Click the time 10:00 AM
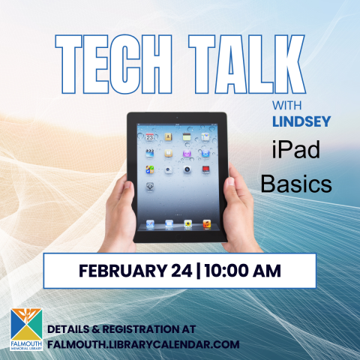pyautogui.click(x=244, y=271)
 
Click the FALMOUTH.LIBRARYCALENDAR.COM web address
pyautogui.click(x=142, y=344)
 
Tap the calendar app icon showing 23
pyautogui.click(x=150, y=137)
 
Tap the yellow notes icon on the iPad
pyautogui.click(x=169, y=137)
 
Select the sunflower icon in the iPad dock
pyautogui.click(x=187, y=223)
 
